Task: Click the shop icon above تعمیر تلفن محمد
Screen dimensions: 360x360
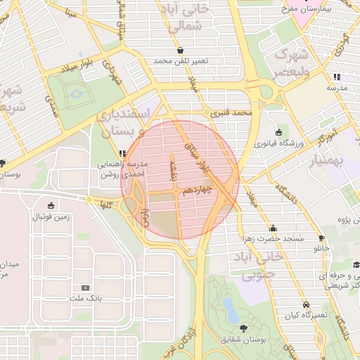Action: [181, 51]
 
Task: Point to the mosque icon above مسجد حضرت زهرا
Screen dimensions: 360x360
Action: [273, 228]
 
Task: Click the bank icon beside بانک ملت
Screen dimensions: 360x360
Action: [86, 288]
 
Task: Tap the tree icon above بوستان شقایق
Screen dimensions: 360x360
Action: [243, 328]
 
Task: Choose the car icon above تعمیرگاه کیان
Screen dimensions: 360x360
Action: [306, 304]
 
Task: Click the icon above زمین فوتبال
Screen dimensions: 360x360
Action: [51, 206]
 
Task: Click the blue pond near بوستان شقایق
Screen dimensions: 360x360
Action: [230, 307]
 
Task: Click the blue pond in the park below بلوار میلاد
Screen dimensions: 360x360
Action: [76, 92]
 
